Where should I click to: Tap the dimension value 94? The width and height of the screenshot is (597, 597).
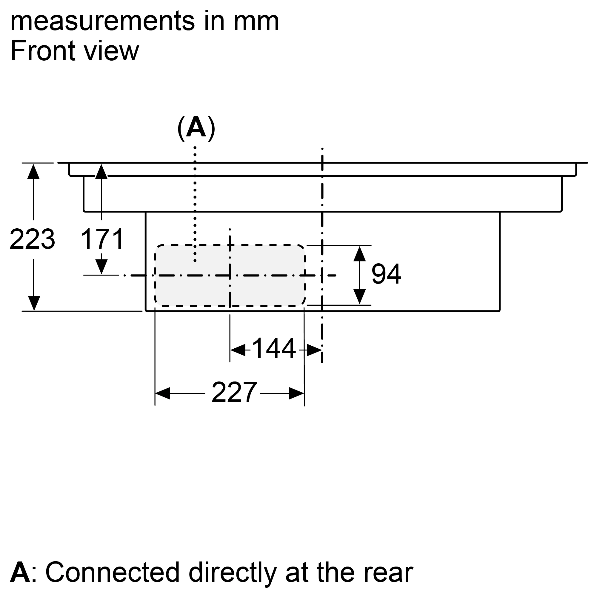386,274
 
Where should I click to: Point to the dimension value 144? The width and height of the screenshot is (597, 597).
274,349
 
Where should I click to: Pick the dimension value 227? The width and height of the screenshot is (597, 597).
234,393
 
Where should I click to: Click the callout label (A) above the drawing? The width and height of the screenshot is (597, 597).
196,128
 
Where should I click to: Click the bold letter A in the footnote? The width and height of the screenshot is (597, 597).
20,573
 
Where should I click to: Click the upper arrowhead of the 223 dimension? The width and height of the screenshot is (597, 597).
33,172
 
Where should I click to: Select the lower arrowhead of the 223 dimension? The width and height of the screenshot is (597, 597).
34,303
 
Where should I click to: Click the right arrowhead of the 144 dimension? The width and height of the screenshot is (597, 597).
314,350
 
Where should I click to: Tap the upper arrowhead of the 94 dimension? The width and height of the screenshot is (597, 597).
359,254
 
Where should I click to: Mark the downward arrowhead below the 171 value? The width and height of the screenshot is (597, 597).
101,266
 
